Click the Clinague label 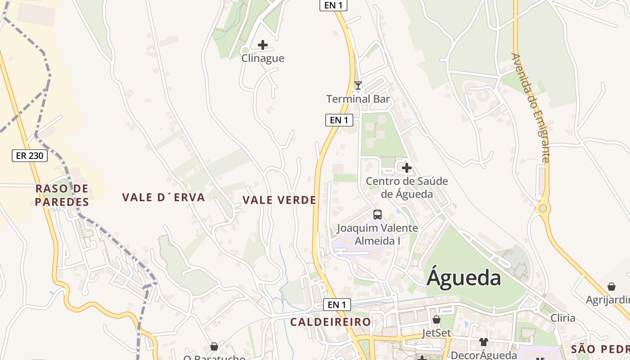(263, 58)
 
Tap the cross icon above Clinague (263, 45)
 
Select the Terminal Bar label (358, 99)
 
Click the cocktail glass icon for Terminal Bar (358, 85)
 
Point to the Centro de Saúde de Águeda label (407, 188)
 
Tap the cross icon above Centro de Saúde (407, 168)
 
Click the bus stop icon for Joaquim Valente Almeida (378, 215)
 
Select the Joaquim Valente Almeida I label (378, 234)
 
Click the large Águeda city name (464, 277)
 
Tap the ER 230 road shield (29, 156)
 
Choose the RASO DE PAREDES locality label (62, 195)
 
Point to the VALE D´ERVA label (164, 197)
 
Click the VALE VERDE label (279, 200)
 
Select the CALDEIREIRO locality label (331, 322)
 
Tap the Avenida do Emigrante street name (531, 108)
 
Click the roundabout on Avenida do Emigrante (543, 208)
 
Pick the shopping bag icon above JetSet (436, 320)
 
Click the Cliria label (563, 318)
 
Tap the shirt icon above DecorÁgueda (484, 342)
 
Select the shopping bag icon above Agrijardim (612, 287)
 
